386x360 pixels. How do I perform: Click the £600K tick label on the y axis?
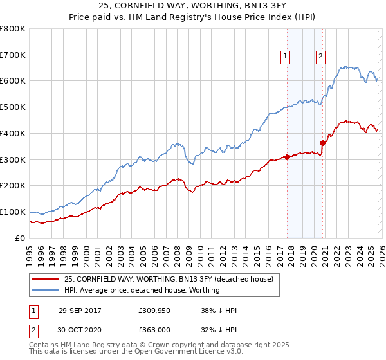tap(13, 81)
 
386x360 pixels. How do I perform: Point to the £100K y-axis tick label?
tap(13, 212)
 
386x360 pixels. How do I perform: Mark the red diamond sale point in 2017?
tap(287, 157)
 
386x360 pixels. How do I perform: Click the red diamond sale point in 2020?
tap(322, 143)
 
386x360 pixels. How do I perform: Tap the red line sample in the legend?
tap(46, 279)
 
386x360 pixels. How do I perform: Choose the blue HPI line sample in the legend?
tap(46, 290)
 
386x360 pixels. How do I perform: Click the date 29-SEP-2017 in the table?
tap(80, 310)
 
